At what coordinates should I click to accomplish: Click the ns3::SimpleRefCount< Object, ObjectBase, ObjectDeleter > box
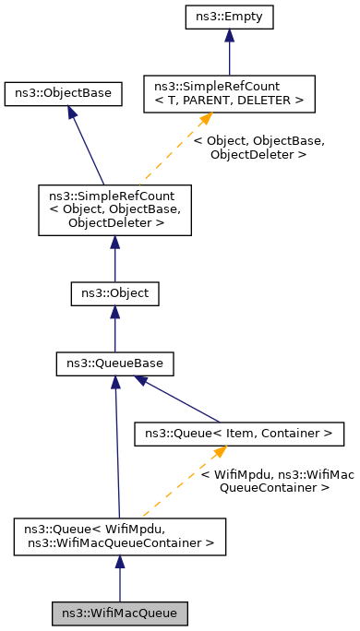(114, 209)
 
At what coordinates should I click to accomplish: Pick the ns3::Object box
(114, 294)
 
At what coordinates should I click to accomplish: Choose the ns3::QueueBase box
(114, 363)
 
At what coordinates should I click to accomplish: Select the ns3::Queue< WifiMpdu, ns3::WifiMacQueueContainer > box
(119, 537)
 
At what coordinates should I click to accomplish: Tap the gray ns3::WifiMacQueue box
(119, 613)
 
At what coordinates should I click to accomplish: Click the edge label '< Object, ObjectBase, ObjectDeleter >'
(258, 148)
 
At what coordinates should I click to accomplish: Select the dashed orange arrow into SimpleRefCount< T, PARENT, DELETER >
(175, 148)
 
